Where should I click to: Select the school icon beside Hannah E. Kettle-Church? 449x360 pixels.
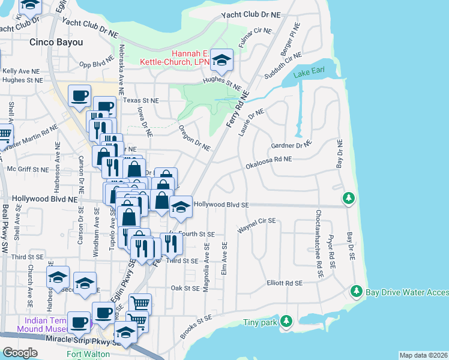(222, 59)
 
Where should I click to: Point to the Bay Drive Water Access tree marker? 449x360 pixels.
(356, 291)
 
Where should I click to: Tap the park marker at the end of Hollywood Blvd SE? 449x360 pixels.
(348, 197)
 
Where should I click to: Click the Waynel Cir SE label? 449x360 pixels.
(256, 225)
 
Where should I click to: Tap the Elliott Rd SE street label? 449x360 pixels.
(285, 283)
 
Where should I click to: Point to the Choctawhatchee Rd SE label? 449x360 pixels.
(320, 243)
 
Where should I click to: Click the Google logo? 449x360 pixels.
(20, 352)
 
